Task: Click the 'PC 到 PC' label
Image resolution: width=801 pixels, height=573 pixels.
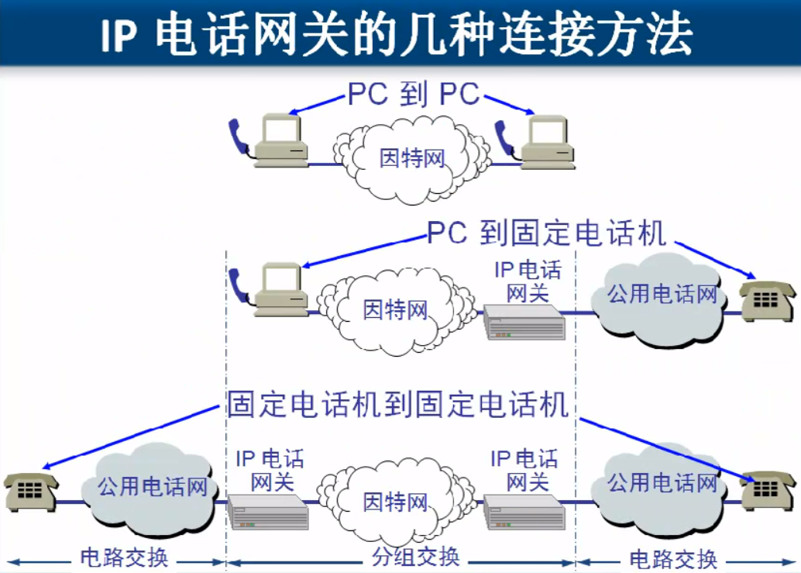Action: (414, 94)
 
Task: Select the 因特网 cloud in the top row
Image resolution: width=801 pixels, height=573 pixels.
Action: (412, 159)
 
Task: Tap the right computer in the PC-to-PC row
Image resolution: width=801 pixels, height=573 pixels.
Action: (548, 143)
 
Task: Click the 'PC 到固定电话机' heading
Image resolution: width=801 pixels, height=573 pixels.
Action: (546, 232)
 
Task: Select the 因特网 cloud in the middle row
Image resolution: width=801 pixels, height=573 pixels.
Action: (396, 310)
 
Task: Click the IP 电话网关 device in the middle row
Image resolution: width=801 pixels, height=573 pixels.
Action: (524, 322)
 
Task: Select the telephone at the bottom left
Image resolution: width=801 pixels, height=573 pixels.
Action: (30, 491)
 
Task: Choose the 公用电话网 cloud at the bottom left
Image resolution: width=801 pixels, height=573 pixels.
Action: (151, 488)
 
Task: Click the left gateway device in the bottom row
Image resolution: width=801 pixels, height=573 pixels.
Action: (268, 511)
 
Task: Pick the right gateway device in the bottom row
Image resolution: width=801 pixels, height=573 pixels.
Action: (524, 511)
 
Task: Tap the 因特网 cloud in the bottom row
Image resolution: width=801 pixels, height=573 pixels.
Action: (396, 501)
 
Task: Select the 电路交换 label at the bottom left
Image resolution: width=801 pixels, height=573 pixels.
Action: (124, 557)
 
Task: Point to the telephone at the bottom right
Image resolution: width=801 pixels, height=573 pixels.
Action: (766, 490)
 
